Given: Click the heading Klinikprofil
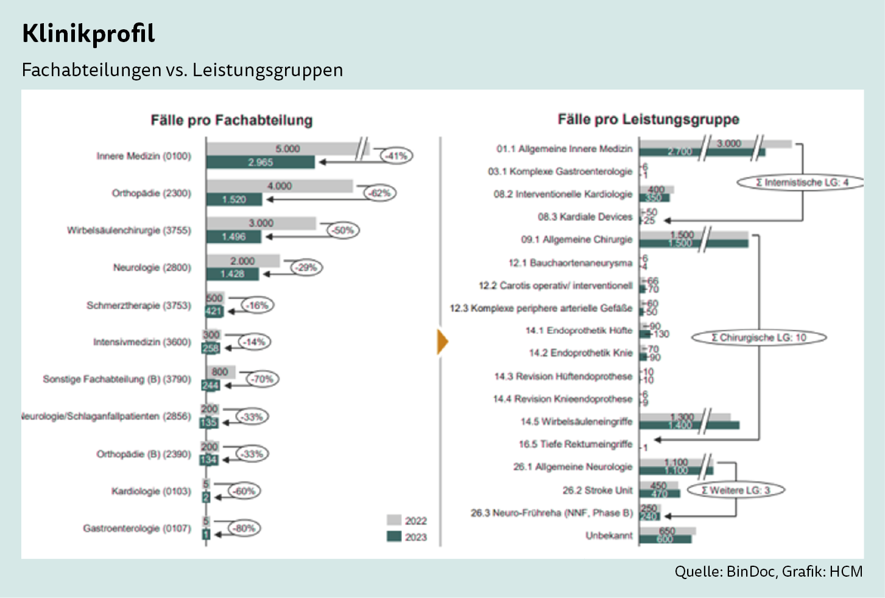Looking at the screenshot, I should pos(88,34).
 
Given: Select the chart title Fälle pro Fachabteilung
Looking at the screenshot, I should pos(231,120).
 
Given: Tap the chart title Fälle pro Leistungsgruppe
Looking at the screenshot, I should pos(648,119).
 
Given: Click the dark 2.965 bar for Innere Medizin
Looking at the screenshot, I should pos(260,163).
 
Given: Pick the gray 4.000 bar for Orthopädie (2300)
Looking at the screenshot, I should pos(280,186).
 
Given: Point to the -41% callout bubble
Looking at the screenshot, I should pos(397,156).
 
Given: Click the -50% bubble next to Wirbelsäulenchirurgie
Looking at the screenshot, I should pos(344,230).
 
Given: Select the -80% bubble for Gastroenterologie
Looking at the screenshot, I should pos(244,529).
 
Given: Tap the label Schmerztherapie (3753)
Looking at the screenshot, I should pos(138,305).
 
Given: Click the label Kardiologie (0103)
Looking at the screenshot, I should pos(150,491).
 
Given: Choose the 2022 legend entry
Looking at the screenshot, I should pos(407,521).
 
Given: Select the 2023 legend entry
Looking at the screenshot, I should pos(407,537).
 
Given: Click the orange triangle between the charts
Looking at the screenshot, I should pos(443,341).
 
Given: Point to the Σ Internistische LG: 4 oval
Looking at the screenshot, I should pos(801,182).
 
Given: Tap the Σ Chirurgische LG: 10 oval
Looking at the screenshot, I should pos(759,338).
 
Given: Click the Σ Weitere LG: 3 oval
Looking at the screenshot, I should pos(736,490).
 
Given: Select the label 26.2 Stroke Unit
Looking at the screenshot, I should pos(597,490).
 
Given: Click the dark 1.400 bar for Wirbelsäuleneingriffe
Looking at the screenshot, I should pos(689,425).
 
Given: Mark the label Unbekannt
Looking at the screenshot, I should pos(608,536).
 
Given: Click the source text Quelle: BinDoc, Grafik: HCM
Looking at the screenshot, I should pos(768,572).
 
